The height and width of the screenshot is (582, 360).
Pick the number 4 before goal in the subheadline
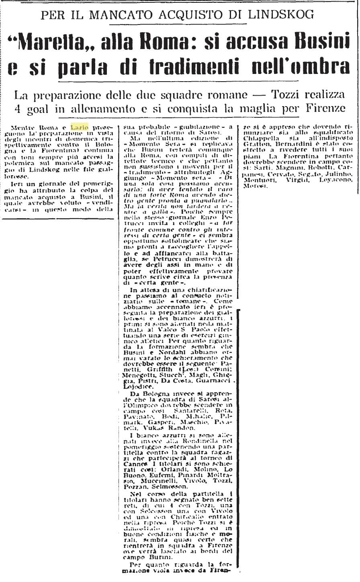[x=18, y=109]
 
